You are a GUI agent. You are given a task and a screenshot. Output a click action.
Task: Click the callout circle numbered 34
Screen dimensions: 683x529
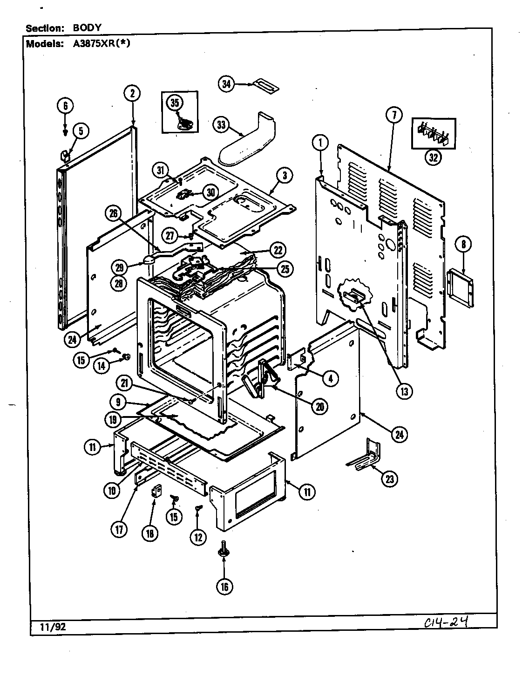[x=226, y=84]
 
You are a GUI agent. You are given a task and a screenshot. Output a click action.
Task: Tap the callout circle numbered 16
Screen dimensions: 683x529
[x=224, y=586]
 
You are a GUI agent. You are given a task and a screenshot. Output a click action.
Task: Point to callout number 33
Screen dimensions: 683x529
[x=221, y=124]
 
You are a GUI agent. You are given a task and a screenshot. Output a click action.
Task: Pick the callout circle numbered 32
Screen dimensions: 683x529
[x=433, y=157]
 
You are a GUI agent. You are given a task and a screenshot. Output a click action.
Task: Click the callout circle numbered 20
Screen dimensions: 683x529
[x=320, y=406]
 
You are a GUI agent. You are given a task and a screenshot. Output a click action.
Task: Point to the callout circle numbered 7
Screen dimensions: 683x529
[x=393, y=115]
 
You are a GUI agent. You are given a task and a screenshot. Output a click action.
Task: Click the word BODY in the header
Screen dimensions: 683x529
[x=87, y=27]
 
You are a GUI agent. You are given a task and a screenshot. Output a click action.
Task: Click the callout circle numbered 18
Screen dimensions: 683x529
[x=150, y=534]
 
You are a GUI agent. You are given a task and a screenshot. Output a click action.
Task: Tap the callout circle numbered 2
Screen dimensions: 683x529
[x=132, y=93]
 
